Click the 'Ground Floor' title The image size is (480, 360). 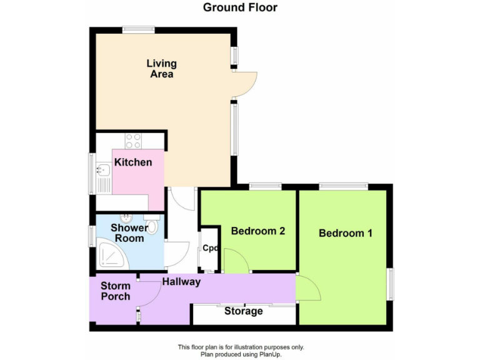[x=240, y=7]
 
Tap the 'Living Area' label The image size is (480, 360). [x=161, y=69]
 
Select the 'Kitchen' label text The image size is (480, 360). [x=132, y=162]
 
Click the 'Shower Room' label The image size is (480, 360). [x=129, y=232]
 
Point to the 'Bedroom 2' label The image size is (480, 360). [x=258, y=231]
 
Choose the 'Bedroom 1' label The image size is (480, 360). [x=346, y=233]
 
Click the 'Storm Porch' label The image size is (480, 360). [x=116, y=291]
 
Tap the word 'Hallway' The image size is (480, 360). [x=181, y=282]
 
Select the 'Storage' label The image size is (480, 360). [x=244, y=311]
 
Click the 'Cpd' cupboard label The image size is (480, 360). [x=210, y=248]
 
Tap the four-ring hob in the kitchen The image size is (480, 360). [x=133, y=141]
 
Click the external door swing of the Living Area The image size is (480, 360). [x=246, y=84]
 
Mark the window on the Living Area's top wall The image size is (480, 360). [x=138, y=28]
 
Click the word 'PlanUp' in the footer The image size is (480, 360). [x=270, y=354]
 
